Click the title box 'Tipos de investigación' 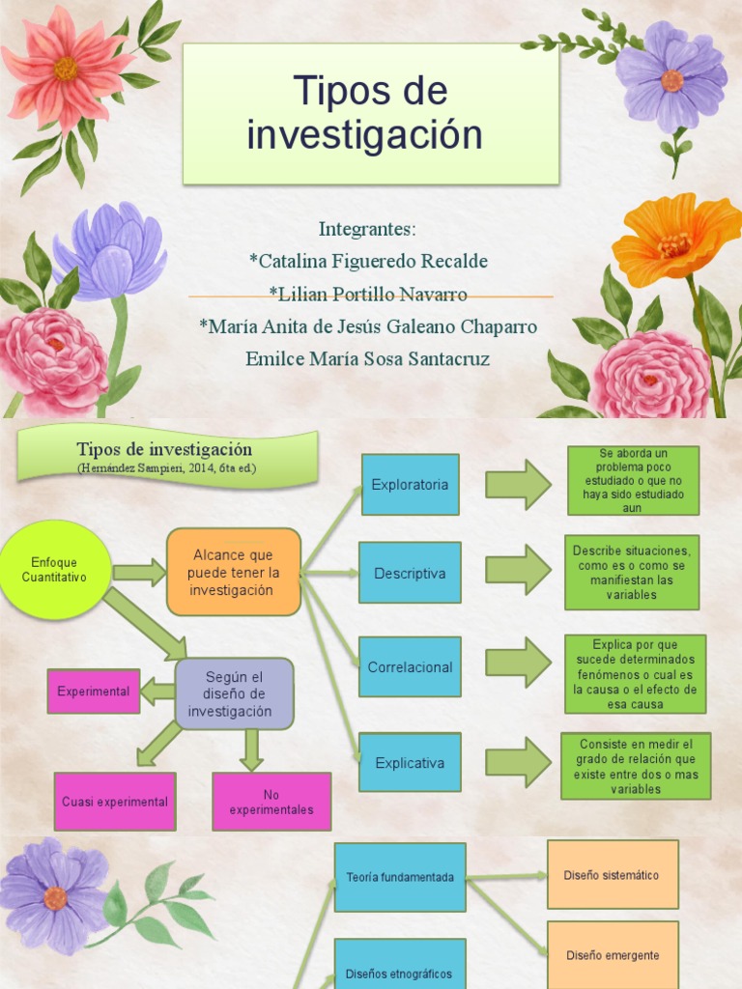[x=371, y=114]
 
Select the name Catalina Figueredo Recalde [x=368, y=262]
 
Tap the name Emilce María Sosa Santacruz [x=368, y=359]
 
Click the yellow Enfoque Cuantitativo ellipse [x=54, y=570]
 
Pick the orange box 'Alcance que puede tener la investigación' [x=233, y=572]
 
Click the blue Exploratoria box [x=410, y=485]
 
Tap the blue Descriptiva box [x=410, y=573]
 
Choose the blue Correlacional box [x=410, y=666]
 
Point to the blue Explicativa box [x=410, y=763]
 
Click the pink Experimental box [x=93, y=692]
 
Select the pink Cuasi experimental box [x=115, y=802]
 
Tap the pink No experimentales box [x=271, y=802]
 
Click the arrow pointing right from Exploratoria [x=518, y=485]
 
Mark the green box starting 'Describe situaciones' [x=631, y=573]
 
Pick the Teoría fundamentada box [x=400, y=877]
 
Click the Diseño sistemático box [x=613, y=875]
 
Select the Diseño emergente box [x=613, y=955]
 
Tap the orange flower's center [x=673, y=245]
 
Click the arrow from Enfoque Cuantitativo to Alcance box [x=139, y=572]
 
